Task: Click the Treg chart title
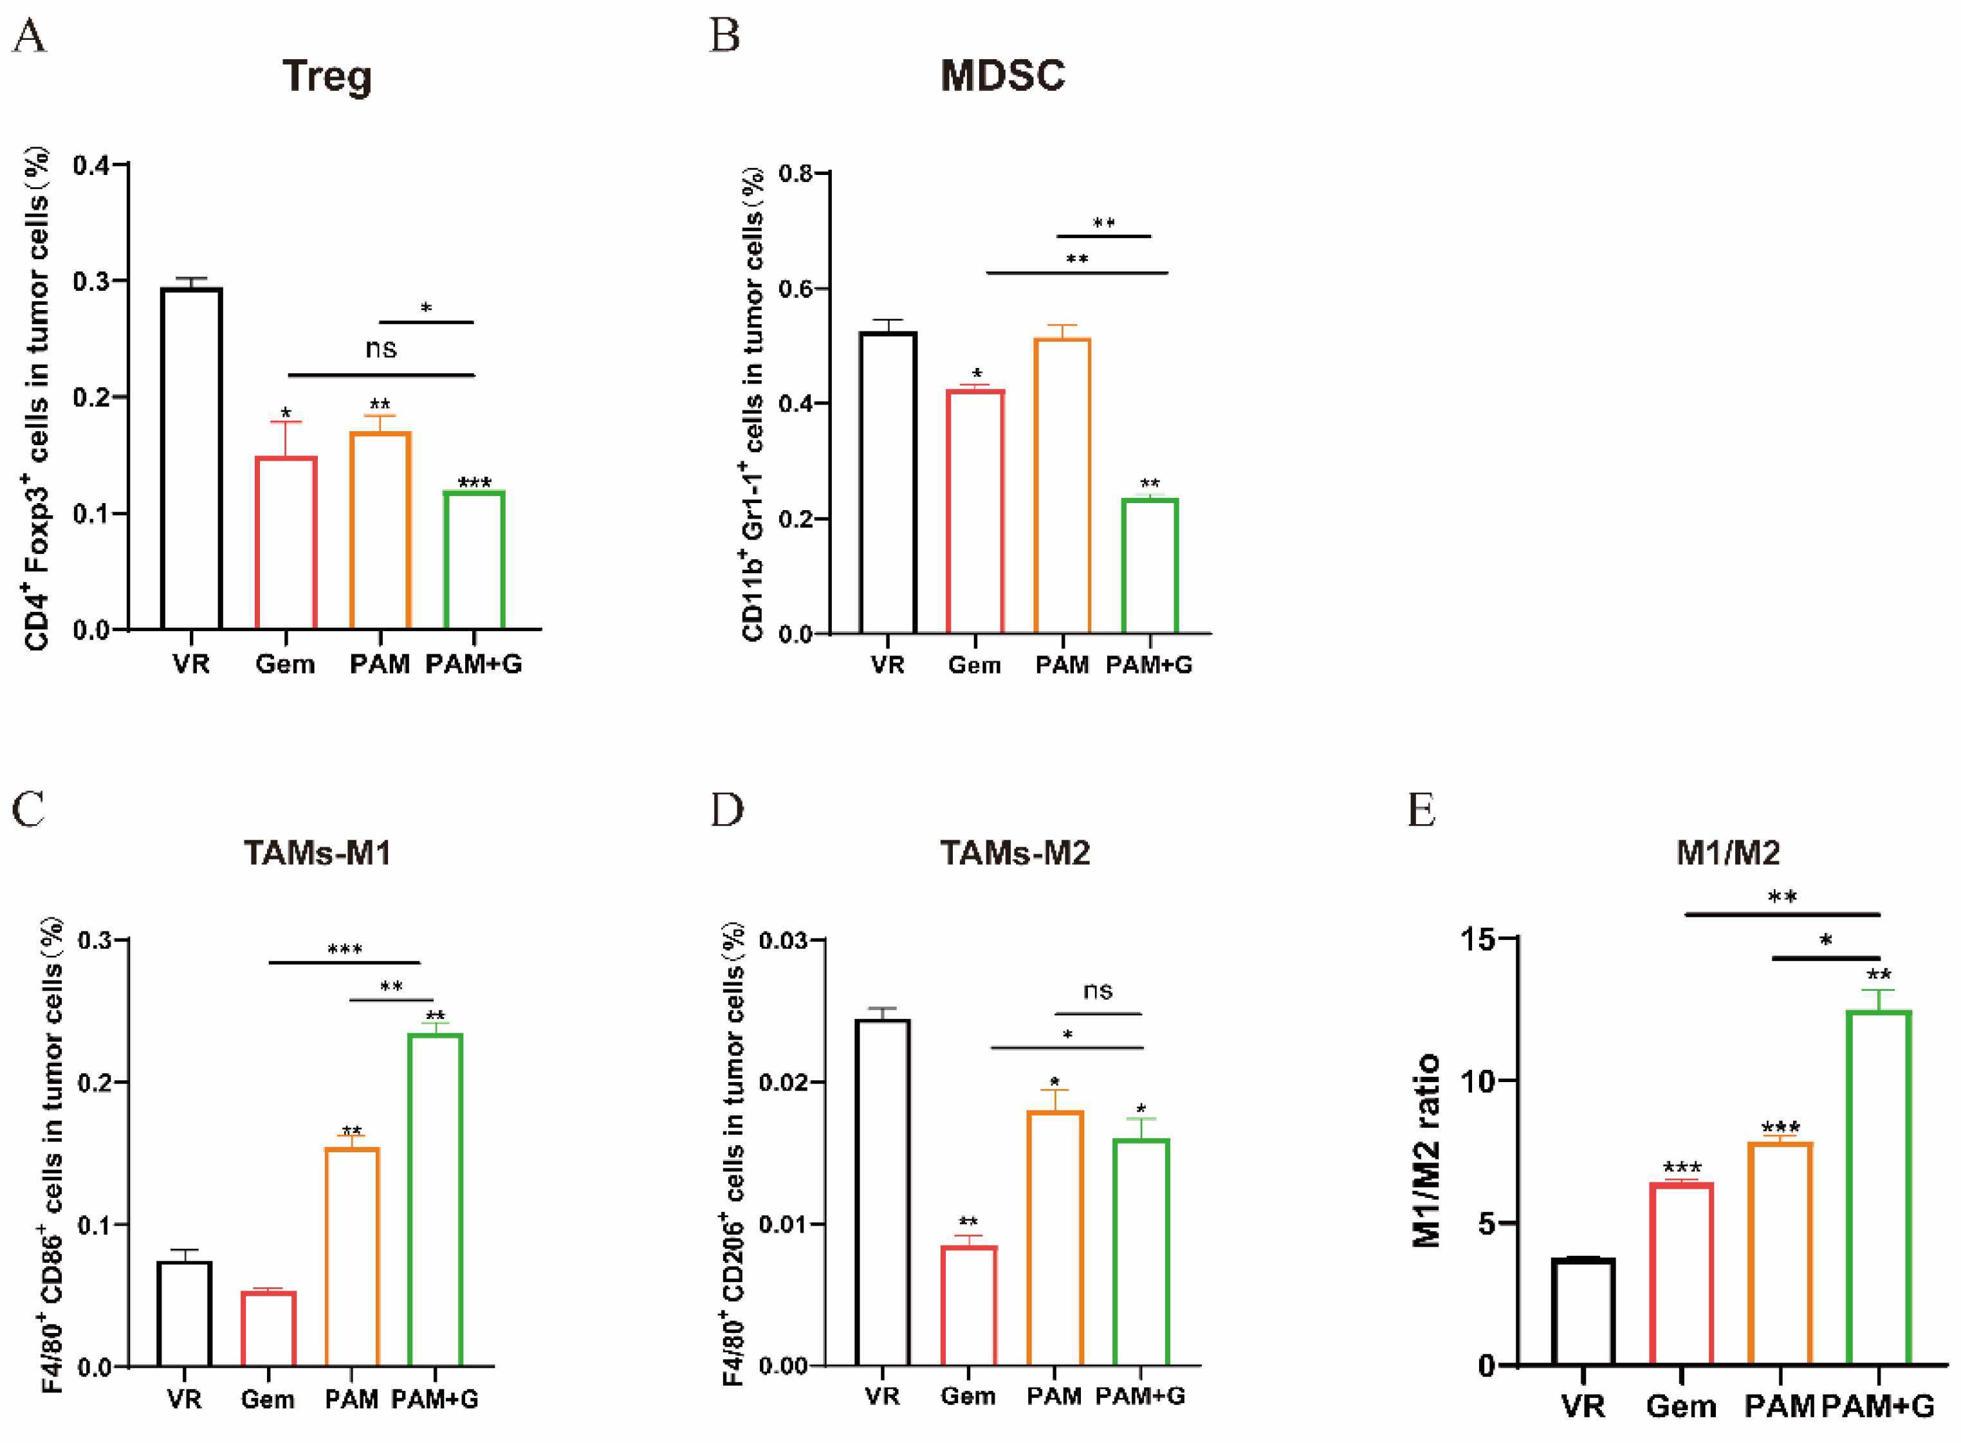tap(327, 77)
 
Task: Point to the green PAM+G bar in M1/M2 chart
tap(1878, 1188)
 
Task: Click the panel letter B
tap(724, 37)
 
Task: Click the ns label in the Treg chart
tap(381, 349)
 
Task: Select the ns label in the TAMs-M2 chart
tap(1098, 991)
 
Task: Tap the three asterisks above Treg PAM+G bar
tap(474, 482)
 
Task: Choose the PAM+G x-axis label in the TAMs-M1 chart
tap(434, 1400)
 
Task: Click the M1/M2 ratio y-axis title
tap(1426, 1150)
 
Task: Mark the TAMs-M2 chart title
tap(1015, 852)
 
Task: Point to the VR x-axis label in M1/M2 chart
tap(1583, 1406)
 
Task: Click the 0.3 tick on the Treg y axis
tap(90, 281)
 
